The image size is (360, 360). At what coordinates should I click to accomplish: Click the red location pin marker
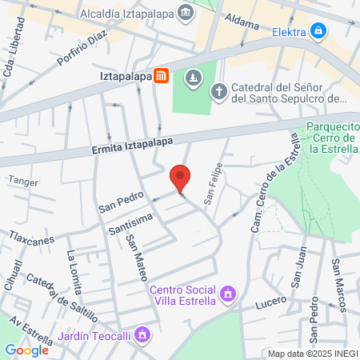pyautogui.click(x=180, y=178)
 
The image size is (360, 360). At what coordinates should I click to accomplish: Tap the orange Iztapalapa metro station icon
pyautogui.click(x=162, y=76)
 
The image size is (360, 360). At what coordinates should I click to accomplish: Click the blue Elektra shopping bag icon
pyautogui.click(x=319, y=30)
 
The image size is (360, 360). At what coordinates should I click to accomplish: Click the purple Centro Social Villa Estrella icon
pyautogui.click(x=228, y=294)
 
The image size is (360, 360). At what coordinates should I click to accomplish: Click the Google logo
pyautogui.click(x=26, y=350)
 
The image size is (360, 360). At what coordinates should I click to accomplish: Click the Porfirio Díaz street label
pyautogui.click(x=82, y=49)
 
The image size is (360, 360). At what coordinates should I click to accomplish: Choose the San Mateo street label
pyautogui.click(x=136, y=257)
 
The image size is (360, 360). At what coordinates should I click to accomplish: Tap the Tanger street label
pyautogui.click(x=22, y=181)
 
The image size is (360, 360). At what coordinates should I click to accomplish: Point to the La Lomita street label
pyautogui.click(x=74, y=266)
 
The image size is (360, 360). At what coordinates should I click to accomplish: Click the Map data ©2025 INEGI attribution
pyautogui.click(x=313, y=354)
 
